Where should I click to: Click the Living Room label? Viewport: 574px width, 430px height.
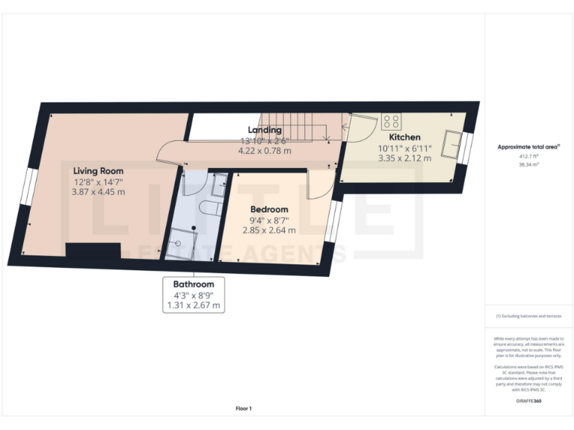coord(98,171)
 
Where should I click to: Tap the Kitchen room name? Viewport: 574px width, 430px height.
coord(404,137)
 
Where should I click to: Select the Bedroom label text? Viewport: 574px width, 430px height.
coord(269,209)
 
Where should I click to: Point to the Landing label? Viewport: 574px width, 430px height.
coord(265,130)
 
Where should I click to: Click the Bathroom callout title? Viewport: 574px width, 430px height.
coord(194,284)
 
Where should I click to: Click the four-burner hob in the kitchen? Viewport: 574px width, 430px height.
coord(390,120)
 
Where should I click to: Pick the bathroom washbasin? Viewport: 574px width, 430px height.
coord(218,181)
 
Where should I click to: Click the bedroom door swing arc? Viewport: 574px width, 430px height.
coord(319,185)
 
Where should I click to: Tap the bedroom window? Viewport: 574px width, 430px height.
coord(333,222)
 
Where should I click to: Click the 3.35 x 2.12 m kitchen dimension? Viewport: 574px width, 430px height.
coord(404,158)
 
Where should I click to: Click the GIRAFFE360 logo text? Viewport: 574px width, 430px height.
coord(528,402)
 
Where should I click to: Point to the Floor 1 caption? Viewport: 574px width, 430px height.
coord(244,408)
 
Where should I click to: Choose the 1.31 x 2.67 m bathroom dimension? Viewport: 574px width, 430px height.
coord(194,305)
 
